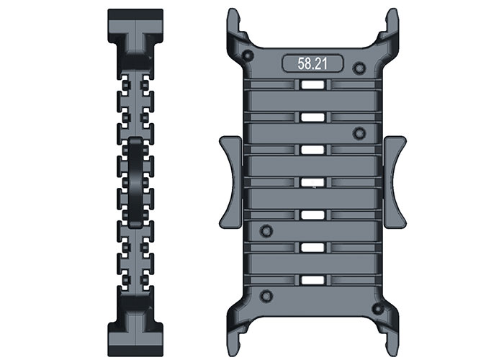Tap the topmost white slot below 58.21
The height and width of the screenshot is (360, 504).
coord(310,86)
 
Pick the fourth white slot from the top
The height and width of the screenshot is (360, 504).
coord(310,182)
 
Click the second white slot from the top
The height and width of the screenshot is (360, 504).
coord(310,117)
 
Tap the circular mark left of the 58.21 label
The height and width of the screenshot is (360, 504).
coord(248,56)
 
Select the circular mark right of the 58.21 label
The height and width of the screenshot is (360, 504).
coord(359,68)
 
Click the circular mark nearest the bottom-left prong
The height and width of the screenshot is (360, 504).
coord(266,295)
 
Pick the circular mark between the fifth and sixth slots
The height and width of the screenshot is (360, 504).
coord(266,230)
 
